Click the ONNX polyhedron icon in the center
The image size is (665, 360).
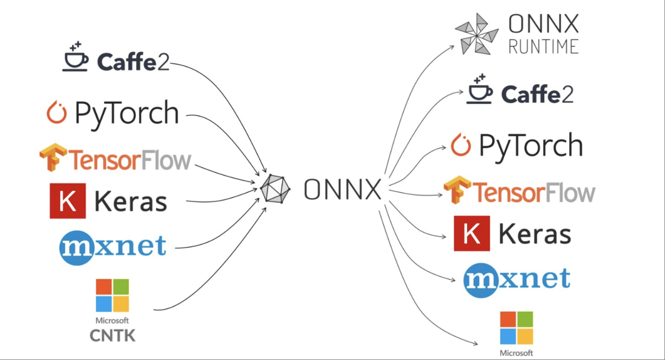275,189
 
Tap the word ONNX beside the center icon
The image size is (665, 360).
342,189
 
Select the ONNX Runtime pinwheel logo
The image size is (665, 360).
476,34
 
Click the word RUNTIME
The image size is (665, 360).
543,47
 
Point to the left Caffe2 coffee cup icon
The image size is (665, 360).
76,58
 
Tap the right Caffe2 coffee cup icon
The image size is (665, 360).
479,89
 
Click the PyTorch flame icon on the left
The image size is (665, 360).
57,113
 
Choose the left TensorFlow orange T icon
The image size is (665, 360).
53,157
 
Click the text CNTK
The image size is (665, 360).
113,336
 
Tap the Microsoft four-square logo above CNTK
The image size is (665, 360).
112,296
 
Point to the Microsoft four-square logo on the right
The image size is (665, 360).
516,328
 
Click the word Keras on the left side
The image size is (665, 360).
131,202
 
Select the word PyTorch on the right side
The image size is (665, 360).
530,146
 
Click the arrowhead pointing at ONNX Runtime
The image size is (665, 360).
452,47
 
